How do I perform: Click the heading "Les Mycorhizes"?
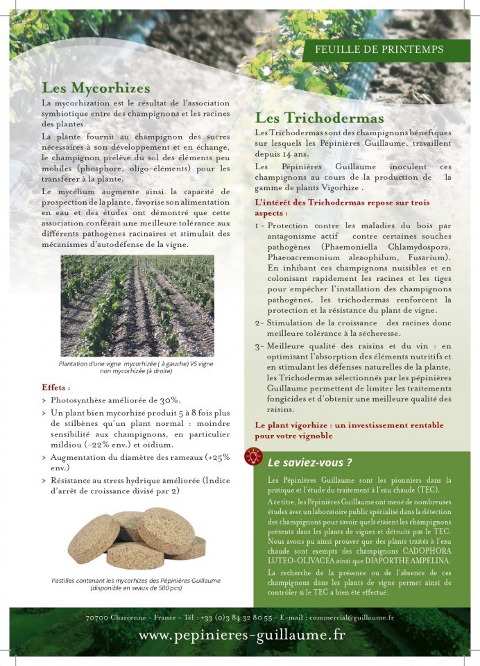96,89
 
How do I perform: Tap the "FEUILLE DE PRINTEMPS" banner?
379,50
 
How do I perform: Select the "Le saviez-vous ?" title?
309,462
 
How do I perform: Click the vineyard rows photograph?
137,305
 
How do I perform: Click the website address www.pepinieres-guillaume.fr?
242,634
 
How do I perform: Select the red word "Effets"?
55,387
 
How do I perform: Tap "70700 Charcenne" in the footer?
111,617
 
